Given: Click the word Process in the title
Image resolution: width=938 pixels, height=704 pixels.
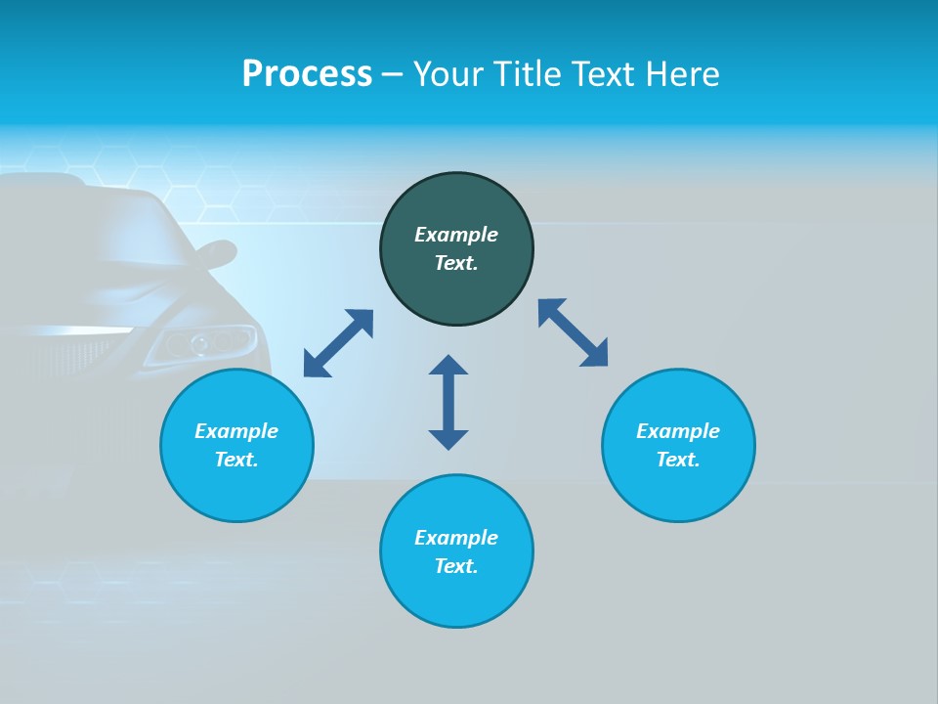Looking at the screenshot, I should [x=307, y=74].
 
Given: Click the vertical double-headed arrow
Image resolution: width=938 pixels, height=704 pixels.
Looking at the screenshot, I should [x=448, y=402].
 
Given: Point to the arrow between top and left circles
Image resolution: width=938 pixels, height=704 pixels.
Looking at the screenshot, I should [x=338, y=343].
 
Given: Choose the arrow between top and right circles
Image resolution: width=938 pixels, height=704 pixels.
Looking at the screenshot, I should [x=573, y=332].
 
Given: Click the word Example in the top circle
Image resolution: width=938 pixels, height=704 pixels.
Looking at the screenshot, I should [x=456, y=235].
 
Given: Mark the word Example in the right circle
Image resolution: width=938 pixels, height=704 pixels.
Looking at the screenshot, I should [x=678, y=431].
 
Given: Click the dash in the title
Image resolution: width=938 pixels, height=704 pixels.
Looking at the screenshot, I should [x=392, y=74].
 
